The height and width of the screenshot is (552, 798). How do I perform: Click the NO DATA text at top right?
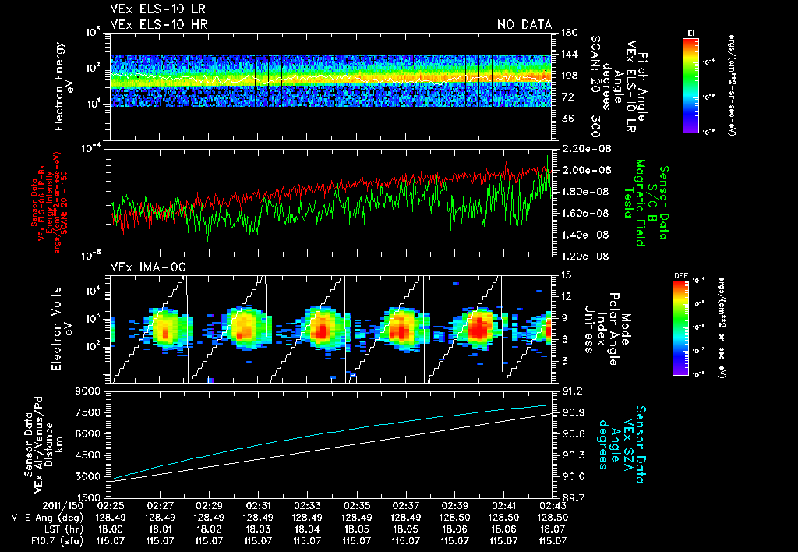(524, 25)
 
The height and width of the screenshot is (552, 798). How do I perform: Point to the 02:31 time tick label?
(258, 506)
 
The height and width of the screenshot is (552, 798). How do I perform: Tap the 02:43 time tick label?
(552, 506)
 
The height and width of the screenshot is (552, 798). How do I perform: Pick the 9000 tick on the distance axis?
(90, 391)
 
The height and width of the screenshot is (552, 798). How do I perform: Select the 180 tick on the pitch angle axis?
(567, 33)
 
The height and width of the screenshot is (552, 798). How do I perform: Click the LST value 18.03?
(258, 529)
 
